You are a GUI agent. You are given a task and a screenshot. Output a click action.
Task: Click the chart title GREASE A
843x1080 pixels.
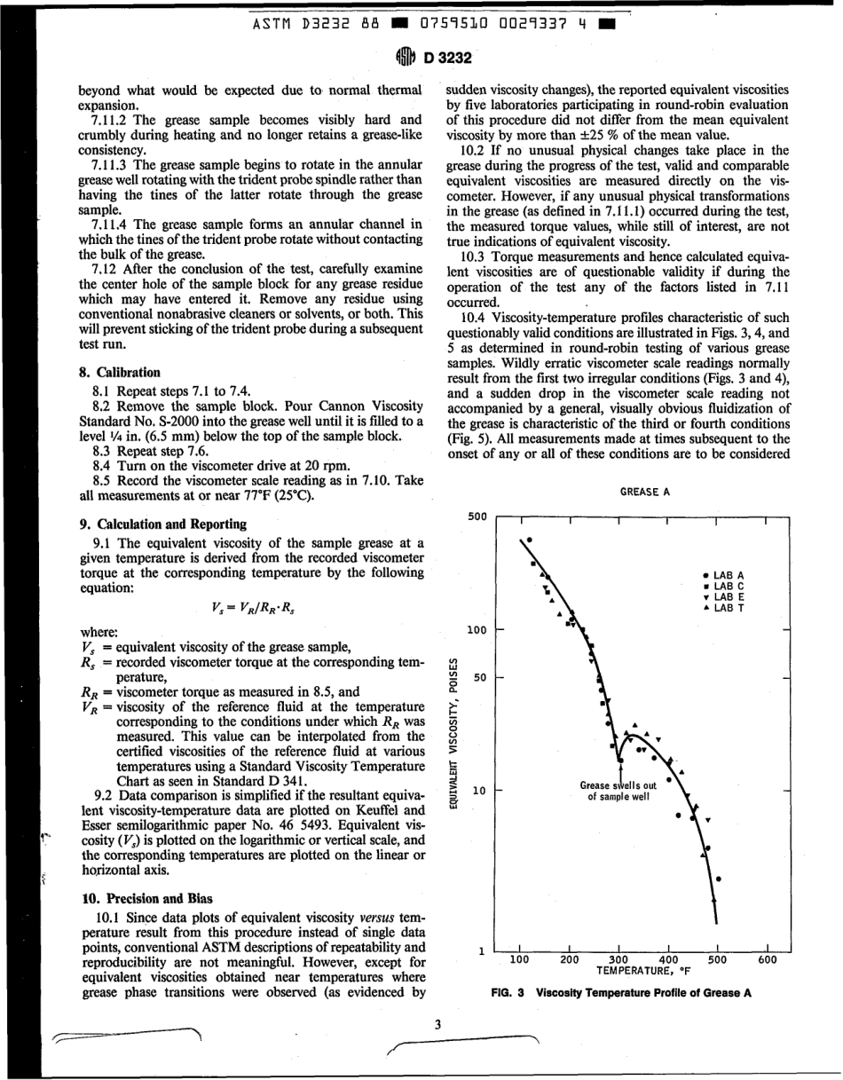(644, 491)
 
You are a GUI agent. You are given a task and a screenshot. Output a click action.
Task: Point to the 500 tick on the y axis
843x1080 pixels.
(477, 516)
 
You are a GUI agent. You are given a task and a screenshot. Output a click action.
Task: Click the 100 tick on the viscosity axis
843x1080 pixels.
(477, 631)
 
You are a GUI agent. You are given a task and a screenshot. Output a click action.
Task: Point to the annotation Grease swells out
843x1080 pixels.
(618, 785)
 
